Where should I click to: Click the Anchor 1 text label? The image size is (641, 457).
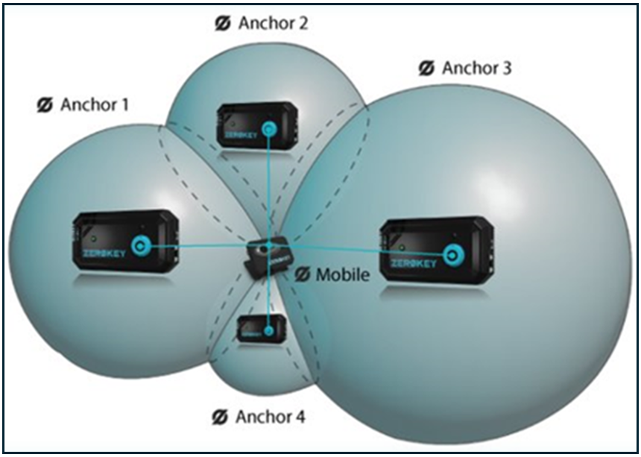coord(94,105)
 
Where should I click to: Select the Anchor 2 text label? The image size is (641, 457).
coord(273,22)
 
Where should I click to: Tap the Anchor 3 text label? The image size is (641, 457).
coord(476,69)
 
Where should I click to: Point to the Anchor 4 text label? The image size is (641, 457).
coord(270,416)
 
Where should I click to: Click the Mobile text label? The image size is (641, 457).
coord(342,274)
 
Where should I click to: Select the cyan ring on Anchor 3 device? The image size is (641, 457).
coord(451,255)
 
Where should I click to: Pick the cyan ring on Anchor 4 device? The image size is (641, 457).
coord(268,329)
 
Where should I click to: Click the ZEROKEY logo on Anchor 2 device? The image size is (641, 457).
coord(238,135)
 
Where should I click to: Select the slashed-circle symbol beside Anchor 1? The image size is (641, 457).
coord(45,105)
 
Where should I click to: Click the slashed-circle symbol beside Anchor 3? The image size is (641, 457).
coord(426,69)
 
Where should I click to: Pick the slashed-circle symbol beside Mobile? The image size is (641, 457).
coord(302,274)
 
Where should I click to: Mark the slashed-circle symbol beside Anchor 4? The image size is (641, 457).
coord(219,416)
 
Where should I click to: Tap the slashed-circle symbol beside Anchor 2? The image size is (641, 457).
coord(223,22)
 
